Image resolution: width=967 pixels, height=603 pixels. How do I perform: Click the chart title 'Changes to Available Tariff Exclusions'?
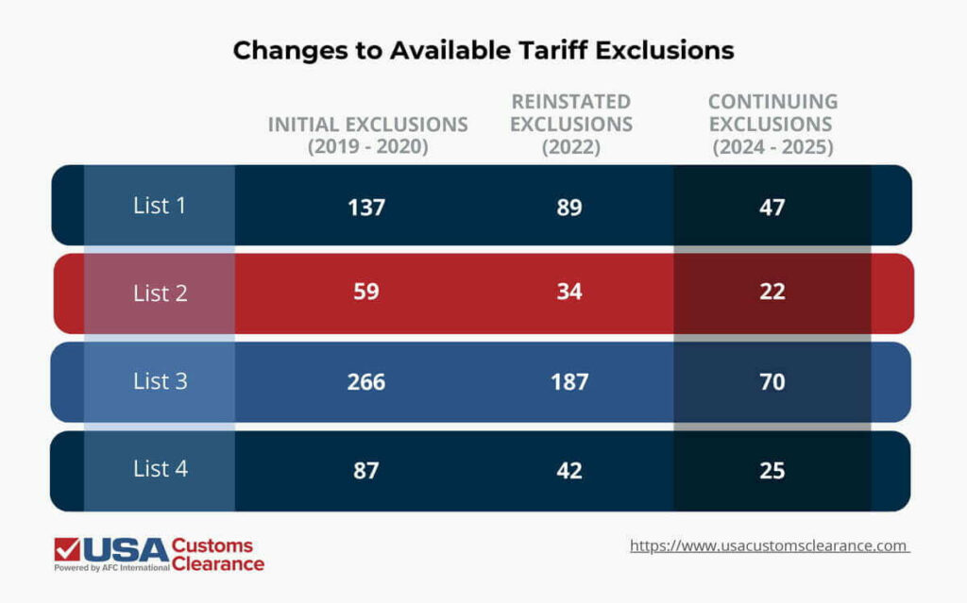tap(483, 50)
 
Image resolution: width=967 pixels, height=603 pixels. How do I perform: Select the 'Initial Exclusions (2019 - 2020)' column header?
tap(367, 136)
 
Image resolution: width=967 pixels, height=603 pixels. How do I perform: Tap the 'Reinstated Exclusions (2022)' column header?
tap(570, 125)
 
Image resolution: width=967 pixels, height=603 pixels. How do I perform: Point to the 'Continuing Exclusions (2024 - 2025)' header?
tap(772, 125)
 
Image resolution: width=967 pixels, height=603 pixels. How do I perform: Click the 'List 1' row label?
tap(160, 206)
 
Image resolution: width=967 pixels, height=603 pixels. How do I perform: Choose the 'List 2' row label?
tap(160, 293)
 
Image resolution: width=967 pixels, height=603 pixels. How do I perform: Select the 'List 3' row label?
tap(160, 381)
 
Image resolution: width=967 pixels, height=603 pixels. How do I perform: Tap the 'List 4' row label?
tap(160, 469)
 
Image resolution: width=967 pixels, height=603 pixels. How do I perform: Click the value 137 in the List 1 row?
tap(366, 207)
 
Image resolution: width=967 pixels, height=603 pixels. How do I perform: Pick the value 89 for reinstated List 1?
tap(569, 207)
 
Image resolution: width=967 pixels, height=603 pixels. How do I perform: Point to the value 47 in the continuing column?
tap(772, 207)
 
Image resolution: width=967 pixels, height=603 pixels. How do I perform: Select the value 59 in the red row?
tap(366, 293)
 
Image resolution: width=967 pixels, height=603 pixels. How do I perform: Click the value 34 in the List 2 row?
tap(569, 293)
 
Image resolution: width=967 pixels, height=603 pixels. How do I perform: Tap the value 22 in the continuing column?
tap(772, 293)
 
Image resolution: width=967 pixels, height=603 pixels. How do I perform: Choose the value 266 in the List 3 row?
tap(366, 381)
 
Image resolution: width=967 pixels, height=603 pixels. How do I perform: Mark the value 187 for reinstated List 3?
tap(569, 381)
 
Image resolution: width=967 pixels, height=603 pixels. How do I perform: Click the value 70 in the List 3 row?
tap(772, 381)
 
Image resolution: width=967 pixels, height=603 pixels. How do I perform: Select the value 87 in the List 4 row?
tap(366, 469)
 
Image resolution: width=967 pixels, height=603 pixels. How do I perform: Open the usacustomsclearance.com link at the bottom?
tap(769, 545)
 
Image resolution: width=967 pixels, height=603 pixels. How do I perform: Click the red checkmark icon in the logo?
tap(67, 549)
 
